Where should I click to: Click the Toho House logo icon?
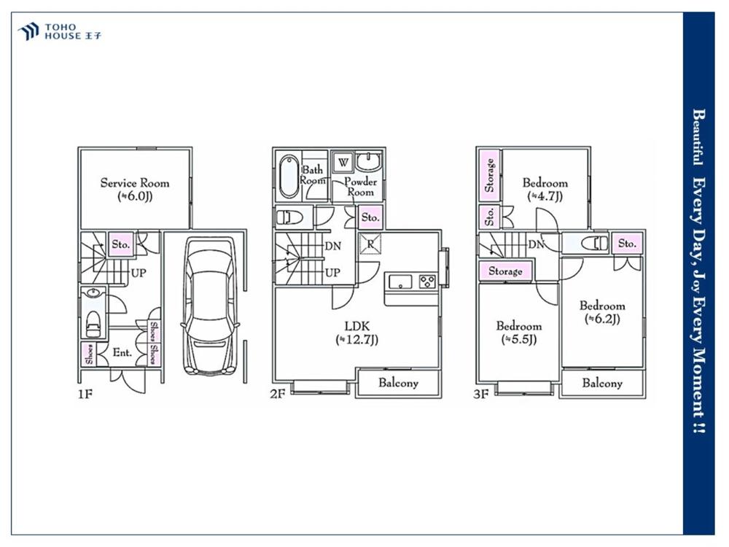(28, 31)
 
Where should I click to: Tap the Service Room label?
(135, 183)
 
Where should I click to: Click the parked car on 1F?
(211, 306)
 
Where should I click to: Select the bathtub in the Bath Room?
(289, 176)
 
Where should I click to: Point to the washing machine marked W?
(343, 163)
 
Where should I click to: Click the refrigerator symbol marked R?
(370, 244)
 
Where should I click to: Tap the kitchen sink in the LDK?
(400, 282)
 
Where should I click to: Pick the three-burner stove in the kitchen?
(427, 282)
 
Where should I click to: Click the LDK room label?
(357, 325)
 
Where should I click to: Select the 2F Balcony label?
(398, 383)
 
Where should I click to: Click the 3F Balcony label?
(602, 383)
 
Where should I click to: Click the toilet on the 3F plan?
(595, 243)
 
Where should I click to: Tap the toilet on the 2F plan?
(289, 217)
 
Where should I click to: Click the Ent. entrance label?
(122, 352)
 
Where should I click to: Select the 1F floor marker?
(85, 395)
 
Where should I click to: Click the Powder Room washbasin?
(369, 161)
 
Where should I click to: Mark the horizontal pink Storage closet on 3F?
(505, 271)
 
